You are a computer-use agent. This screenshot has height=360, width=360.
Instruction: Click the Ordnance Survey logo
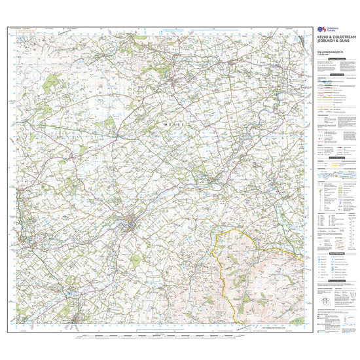(321, 30)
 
